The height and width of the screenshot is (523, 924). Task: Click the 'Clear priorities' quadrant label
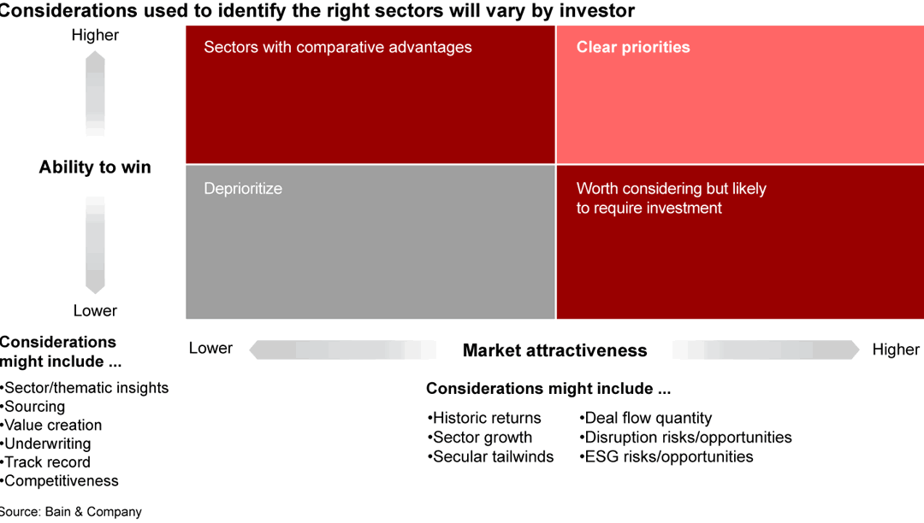632,47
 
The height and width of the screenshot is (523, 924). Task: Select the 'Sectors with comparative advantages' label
337,47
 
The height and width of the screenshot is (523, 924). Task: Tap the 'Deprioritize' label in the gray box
243,189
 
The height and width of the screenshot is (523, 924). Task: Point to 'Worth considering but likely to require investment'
671,198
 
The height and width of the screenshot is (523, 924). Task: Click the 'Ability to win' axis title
95,167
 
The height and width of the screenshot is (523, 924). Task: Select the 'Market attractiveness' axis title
554,350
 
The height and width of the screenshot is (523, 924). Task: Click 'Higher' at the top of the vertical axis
95,35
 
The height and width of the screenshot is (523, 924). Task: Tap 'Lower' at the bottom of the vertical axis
95,311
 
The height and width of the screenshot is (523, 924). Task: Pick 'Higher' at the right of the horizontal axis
895,350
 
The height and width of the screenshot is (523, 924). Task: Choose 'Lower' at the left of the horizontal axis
210,349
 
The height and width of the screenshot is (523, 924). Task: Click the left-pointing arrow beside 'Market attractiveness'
342,350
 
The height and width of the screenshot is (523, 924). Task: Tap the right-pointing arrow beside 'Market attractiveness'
766,350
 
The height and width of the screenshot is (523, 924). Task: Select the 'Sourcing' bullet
34,407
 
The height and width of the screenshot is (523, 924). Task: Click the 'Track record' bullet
47,462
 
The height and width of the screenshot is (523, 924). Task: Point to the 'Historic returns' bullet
485,418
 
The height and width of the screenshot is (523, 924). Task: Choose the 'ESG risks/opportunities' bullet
667,456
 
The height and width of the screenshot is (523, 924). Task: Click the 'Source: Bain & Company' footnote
70,512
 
